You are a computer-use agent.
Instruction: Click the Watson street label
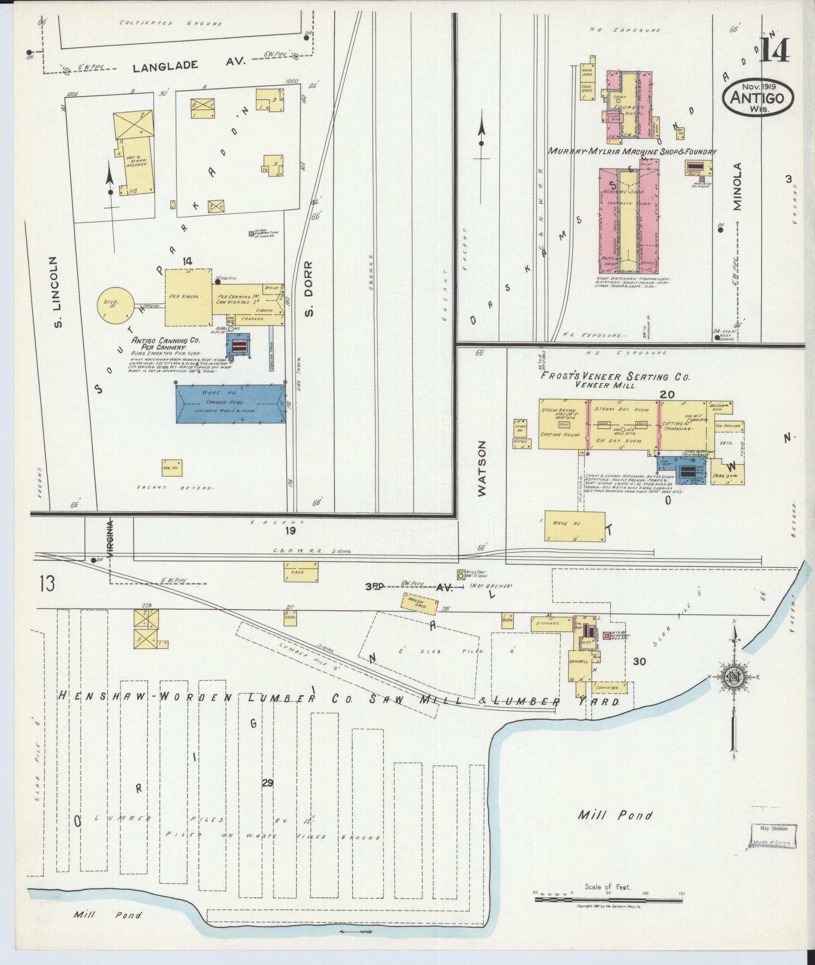(482, 468)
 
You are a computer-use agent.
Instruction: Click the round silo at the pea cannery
(116, 304)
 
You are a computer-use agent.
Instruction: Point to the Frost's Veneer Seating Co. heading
(614, 377)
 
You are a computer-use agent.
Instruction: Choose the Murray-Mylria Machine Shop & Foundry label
(632, 151)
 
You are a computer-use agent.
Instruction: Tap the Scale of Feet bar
(608, 899)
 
